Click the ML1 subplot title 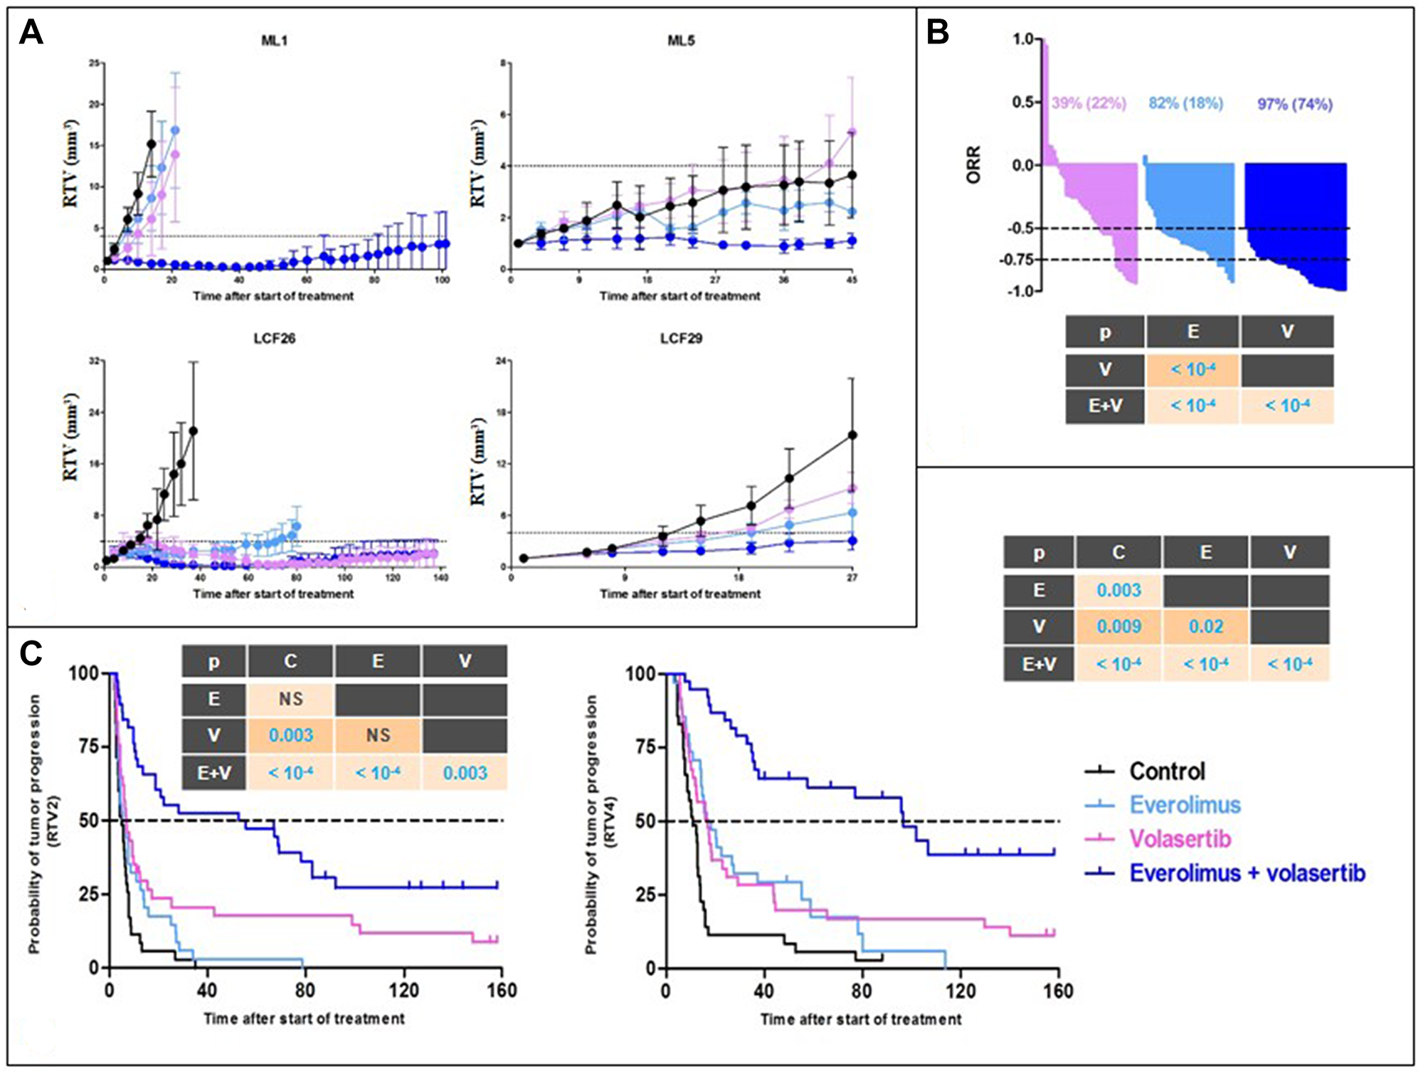[274, 41]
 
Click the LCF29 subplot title [681, 338]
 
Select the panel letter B [938, 32]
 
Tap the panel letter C [31, 653]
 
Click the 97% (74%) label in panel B [1294, 105]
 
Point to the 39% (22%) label [1089, 103]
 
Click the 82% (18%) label [1185, 103]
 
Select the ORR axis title [973, 165]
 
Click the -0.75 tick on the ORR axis [1015, 260]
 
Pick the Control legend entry [1167, 771]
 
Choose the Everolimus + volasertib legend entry [1247, 873]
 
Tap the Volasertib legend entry [1180, 839]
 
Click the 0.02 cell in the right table [1205, 627]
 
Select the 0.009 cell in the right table [1118, 627]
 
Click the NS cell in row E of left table [290, 699]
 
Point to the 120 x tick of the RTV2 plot [404, 991]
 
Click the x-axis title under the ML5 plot [679, 296]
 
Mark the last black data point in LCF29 [852, 435]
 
